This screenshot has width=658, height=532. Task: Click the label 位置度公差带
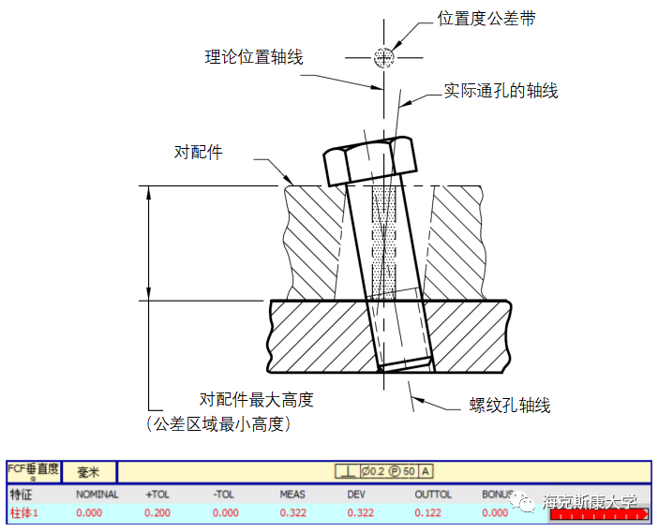click(x=486, y=19)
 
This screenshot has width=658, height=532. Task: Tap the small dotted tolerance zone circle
click(x=382, y=57)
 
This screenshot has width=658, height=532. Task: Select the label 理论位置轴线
click(x=254, y=57)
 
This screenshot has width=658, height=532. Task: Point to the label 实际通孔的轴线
click(x=501, y=91)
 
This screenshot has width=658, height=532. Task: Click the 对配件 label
click(x=199, y=152)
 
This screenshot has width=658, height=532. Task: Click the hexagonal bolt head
click(x=370, y=162)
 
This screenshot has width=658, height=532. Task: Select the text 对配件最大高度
click(x=256, y=400)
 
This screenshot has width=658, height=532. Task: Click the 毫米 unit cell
click(x=89, y=471)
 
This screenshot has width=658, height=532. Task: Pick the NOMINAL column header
click(x=97, y=495)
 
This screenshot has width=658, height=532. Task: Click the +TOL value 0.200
click(x=157, y=512)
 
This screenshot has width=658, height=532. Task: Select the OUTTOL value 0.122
click(x=427, y=512)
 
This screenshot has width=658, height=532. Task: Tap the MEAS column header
click(x=292, y=495)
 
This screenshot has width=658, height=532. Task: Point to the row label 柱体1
click(x=24, y=512)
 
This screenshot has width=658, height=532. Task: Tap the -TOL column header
click(x=224, y=495)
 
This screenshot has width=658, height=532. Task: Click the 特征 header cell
click(x=21, y=495)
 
